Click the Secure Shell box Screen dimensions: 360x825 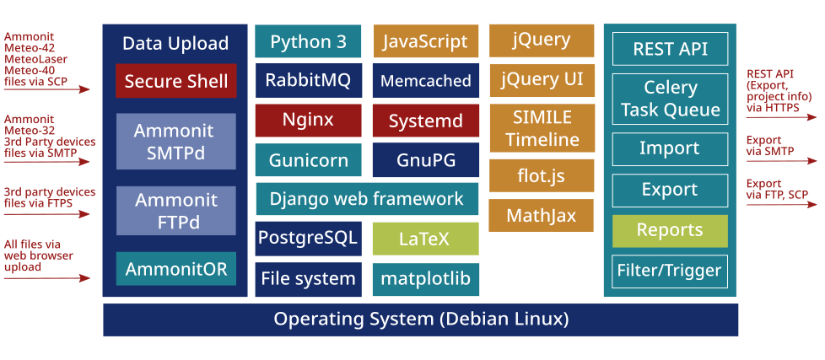click(176, 81)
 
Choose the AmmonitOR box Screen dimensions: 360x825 click(176, 269)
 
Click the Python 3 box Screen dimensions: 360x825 click(308, 41)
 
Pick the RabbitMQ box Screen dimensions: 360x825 click(308, 81)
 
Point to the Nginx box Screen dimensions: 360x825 click(308, 120)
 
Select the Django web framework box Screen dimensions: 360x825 click(366, 199)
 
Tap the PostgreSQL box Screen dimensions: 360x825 click(308, 239)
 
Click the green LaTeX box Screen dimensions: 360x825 click(424, 239)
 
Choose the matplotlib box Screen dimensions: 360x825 click(424, 278)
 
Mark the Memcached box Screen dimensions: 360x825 click(425, 81)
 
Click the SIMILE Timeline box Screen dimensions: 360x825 click(542, 128)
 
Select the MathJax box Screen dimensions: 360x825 click(542, 216)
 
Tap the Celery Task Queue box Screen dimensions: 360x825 click(670, 99)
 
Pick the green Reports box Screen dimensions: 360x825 click(670, 230)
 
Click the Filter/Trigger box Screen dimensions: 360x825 click(670, 271)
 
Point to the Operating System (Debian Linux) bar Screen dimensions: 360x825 click(420, 320)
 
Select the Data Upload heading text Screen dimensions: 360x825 click(175, 43)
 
